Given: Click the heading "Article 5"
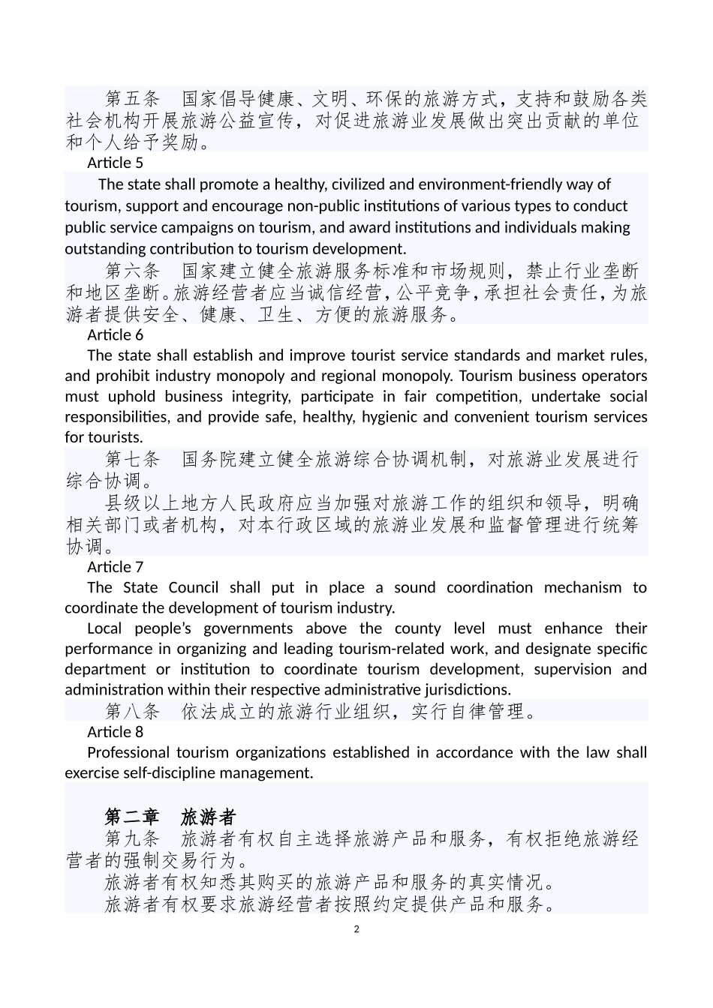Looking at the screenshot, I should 115,163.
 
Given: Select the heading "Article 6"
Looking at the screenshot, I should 115,334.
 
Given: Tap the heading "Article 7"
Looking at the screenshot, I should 115,567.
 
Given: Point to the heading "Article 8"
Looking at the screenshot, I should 115,732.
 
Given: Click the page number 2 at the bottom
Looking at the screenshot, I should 356,929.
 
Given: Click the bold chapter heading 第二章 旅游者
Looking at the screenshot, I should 170,817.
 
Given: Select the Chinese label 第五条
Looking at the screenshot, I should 133,99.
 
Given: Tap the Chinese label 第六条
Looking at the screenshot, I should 133,271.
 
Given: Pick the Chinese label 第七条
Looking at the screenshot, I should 133,459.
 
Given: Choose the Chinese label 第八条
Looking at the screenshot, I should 133,711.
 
